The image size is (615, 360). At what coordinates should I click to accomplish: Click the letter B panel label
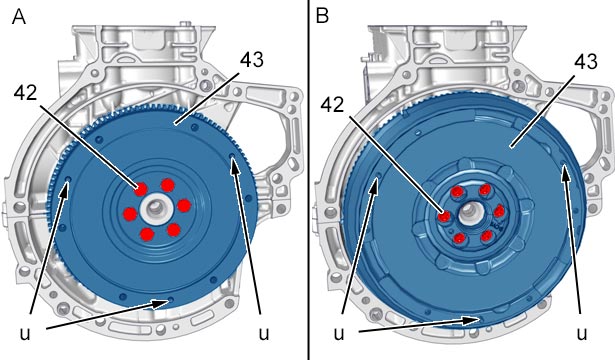click(x=322, y=16)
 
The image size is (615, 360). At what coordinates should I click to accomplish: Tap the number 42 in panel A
click(x=26, y=93)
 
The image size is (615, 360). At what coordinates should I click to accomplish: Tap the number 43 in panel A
click(x=252, y=60)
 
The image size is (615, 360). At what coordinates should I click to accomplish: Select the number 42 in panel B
click(x=333, y=105)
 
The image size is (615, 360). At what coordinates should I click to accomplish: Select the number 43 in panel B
click(x=586, y=62)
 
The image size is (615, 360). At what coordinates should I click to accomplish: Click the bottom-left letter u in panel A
click(x=25, y=333)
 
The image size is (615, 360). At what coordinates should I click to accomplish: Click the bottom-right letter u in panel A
click(x=264, y=333)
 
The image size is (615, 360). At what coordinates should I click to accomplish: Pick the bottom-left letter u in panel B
click(x=339, y=333)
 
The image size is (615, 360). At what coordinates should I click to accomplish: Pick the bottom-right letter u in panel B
click(x=582, y=333)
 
